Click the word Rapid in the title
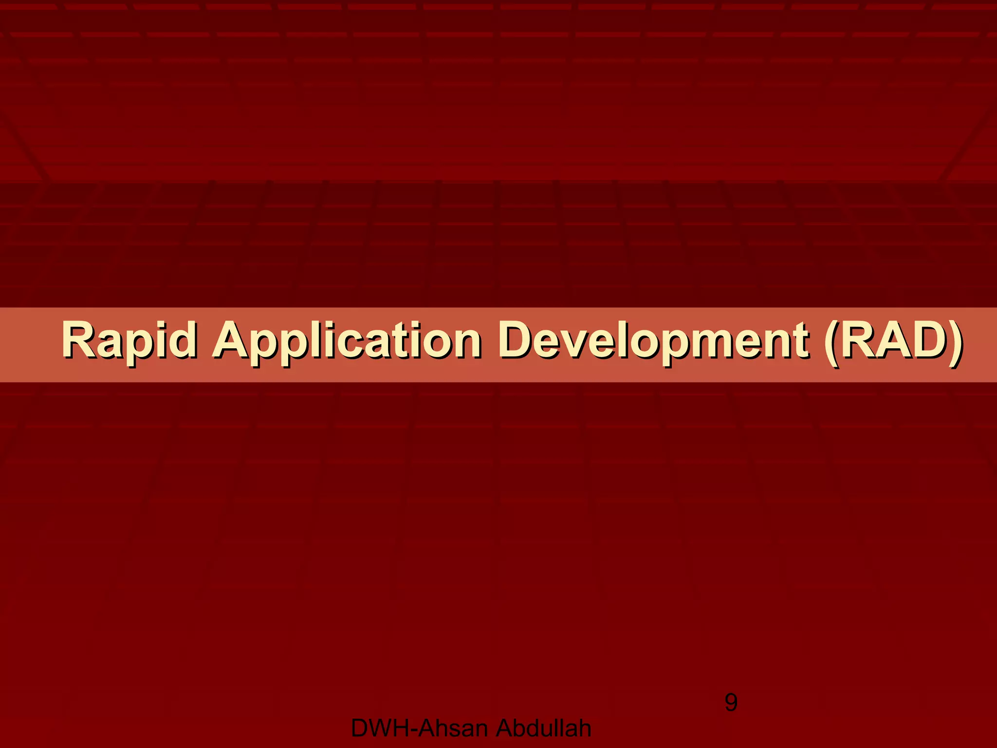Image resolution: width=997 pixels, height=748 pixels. coord(129,341)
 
